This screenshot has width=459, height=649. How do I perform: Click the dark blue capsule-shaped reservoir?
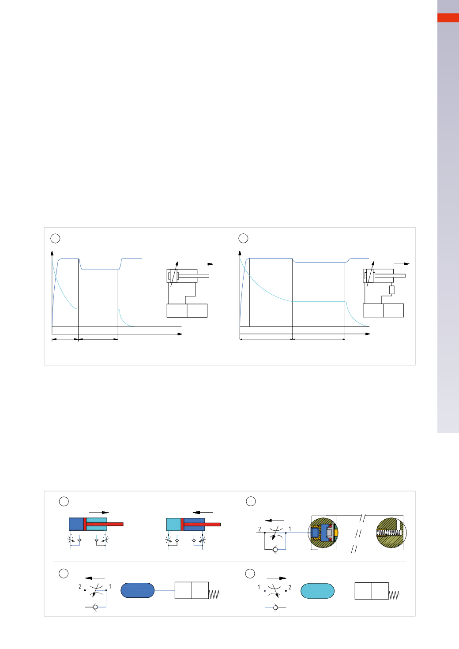tap(137, 590)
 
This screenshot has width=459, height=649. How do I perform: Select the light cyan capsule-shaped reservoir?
tap(318, 591)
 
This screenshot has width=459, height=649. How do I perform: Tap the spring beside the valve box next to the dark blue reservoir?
tap(214, 595)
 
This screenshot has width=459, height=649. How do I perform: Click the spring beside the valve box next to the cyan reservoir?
tap(394, 595)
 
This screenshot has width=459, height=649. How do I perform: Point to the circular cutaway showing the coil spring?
tap(391, 533)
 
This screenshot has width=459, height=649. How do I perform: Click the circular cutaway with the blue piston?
tap(323, 533)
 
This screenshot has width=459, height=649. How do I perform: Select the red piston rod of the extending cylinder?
tap(103, 524)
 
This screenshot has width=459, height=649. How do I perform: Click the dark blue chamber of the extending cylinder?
tap(76, 524)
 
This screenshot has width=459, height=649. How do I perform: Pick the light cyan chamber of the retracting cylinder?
tap(173, 524)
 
